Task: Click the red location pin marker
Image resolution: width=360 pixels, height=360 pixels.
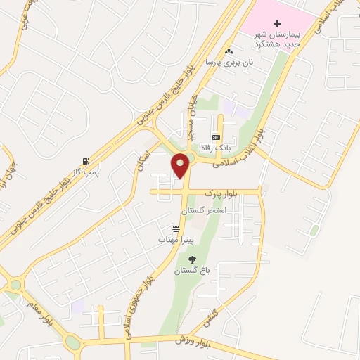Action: [x=181, y=165]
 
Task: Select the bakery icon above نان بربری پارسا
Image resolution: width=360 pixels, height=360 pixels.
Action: [x=229, y=51]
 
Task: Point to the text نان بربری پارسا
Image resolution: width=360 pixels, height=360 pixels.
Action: [x=229, y=62]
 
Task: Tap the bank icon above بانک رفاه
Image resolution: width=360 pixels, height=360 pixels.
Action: [x=216, y=136]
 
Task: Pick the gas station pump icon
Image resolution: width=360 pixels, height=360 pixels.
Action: [x=86, y=160]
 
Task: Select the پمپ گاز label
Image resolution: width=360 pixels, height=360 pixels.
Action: [x=86, y=171]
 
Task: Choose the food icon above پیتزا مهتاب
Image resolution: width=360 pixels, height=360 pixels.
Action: [x=175, y=229]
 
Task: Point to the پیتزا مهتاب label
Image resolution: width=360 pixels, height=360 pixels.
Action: [x=172, y=240]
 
